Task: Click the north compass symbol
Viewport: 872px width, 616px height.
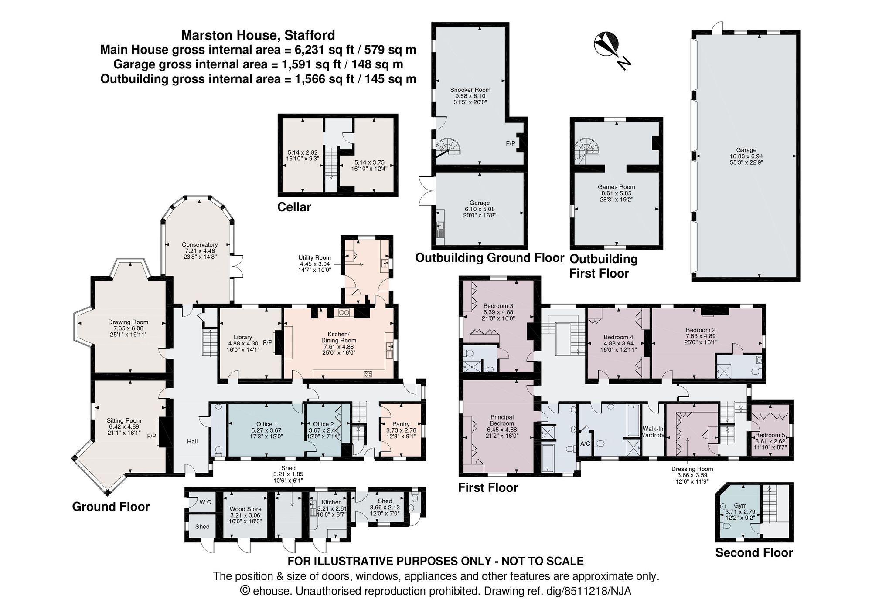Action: [606, 44]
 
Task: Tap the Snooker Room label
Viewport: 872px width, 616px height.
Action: [470, 90]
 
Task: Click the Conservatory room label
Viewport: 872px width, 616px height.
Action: [200, 245]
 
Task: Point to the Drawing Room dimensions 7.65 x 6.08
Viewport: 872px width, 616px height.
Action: [126, 328]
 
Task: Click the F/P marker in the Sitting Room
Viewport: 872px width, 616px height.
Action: [152, 436]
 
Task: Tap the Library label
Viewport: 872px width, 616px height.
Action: [243, 337]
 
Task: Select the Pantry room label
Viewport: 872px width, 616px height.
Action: [401, 424]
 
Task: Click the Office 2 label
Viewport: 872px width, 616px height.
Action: [323, 424]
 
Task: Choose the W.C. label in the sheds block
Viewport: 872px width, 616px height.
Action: [206, 502]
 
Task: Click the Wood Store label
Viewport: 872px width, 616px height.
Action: [245, 509]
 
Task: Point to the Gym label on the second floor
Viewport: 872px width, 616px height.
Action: [740, 506]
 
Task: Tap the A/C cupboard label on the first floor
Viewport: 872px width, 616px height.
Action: [585, 444]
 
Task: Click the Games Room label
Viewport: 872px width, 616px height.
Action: [616, 187]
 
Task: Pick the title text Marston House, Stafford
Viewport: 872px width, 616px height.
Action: [258, 35]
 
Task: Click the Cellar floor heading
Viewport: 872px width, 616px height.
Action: [294, 207]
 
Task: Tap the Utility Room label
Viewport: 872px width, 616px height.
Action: [314, 258]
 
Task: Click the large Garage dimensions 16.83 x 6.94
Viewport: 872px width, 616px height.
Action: [746, 156]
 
